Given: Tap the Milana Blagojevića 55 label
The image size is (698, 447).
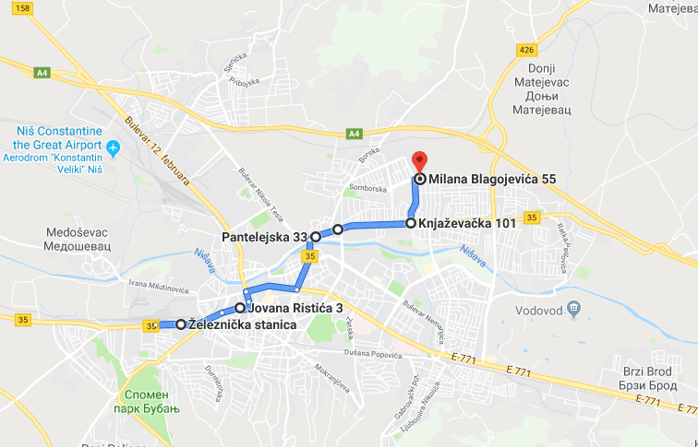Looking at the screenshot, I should click(x=485, y=179).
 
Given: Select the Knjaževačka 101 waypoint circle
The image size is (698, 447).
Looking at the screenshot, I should click(x=410, y=223).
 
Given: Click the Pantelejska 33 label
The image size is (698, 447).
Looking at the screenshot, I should click(x=264, y=238).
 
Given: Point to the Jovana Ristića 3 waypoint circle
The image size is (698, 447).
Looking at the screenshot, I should click(x=240, y=308).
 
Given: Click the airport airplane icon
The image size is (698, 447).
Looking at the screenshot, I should click(x=114, y=147).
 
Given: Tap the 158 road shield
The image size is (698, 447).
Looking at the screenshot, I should click(x=23, y=8).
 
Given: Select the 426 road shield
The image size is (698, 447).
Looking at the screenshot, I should click(x=527, y=49).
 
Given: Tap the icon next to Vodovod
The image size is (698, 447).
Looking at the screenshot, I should click(x=574, y=307).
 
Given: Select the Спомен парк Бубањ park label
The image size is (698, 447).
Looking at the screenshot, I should click(x=149, y=401).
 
